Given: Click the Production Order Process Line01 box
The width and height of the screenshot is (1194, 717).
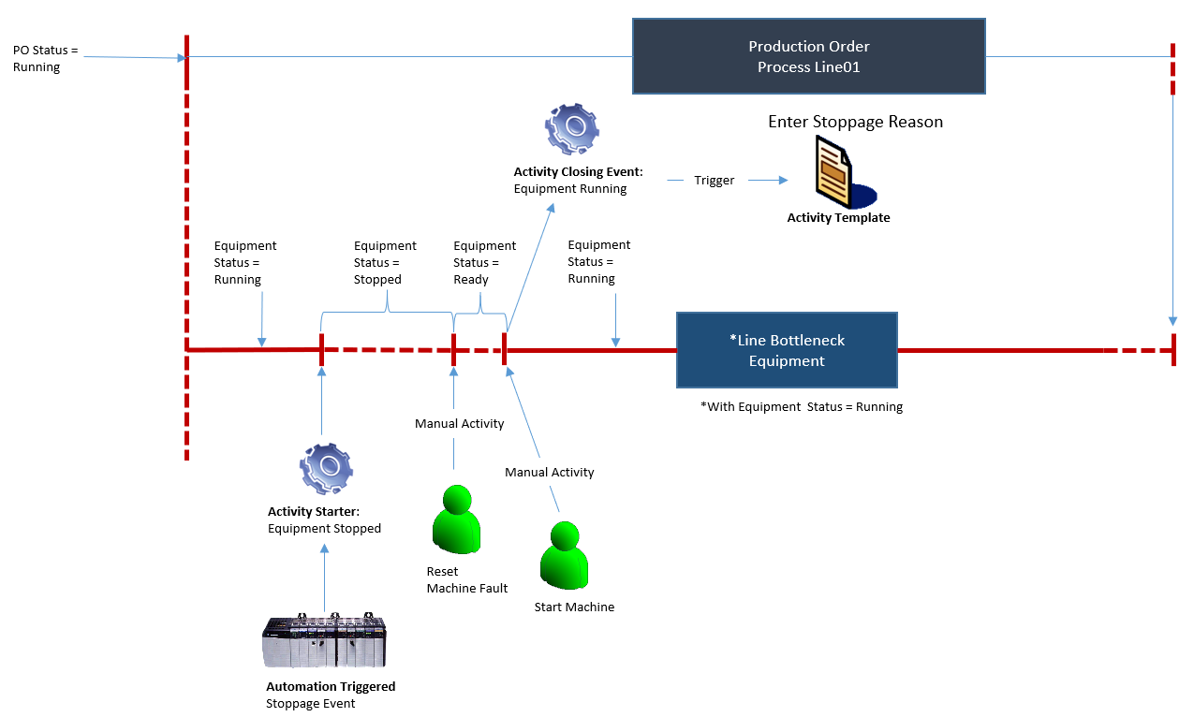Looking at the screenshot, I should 808,56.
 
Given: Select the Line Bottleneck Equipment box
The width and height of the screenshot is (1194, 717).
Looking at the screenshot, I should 787,350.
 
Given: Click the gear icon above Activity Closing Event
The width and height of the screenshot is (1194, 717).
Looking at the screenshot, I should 571,129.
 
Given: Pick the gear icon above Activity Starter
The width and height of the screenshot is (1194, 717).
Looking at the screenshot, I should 325,469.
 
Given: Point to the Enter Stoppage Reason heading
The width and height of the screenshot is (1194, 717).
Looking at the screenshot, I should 855,123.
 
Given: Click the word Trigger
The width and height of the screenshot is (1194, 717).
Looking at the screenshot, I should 714,180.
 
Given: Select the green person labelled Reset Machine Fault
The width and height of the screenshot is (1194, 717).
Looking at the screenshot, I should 456,519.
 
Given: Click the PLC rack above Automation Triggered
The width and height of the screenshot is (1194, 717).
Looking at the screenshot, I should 324,641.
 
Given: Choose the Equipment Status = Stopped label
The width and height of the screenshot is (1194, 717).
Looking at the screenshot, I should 385,263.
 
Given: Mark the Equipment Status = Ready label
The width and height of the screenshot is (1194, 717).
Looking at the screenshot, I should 484,263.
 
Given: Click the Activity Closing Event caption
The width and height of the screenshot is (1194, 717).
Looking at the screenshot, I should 577,181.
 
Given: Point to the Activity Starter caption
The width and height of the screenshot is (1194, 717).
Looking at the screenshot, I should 324,520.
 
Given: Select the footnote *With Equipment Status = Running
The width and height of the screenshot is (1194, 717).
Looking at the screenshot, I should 801,407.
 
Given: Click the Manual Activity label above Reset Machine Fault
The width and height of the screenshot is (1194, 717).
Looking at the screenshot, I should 459,424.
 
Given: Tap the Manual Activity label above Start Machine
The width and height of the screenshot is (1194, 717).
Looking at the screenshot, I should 549,473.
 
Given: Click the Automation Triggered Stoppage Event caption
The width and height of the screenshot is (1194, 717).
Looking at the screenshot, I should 331,695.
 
